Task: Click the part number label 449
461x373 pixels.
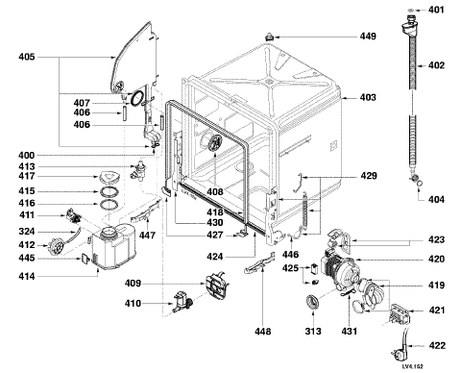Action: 368,37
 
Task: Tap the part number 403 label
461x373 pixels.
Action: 368,97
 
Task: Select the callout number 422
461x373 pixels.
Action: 437,345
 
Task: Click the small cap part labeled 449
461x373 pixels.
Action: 269,37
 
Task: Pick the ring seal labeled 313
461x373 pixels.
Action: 313,302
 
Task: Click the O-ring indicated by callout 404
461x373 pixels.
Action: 420,184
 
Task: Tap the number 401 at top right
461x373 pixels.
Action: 437,10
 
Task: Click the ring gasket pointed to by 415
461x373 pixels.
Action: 109,192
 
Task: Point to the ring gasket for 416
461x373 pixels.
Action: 109,204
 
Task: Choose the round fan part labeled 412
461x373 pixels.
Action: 56,246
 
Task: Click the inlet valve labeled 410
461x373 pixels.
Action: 182,303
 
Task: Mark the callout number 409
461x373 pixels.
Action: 133,284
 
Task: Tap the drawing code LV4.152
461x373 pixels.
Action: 413,366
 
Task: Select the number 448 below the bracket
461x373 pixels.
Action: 263,332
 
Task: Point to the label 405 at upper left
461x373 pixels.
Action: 26,57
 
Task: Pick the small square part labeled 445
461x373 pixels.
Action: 85,259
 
